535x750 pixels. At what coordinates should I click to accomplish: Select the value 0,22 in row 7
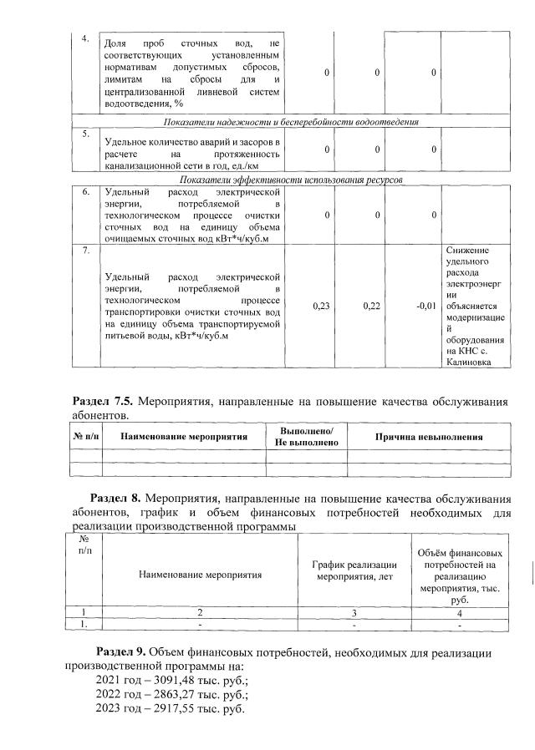372,307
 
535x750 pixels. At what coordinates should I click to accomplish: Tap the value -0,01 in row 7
426,307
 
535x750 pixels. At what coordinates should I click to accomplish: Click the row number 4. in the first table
84,38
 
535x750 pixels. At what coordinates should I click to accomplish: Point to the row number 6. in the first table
84,191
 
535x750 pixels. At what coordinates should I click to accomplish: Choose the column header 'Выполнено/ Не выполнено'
306,436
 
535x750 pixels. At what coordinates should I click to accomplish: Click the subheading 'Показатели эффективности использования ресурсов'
291,180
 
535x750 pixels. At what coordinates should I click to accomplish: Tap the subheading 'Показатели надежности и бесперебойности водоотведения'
291,122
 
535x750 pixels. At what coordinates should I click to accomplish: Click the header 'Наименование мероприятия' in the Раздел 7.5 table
184,436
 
